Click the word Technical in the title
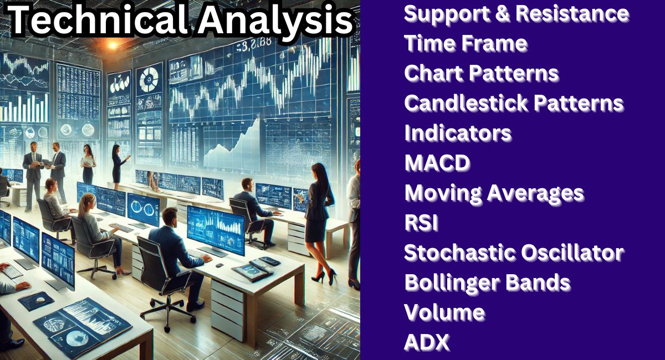click(94, 21)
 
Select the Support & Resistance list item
click(516, 13)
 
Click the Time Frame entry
click(465, 43)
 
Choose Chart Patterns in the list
click(481, 73)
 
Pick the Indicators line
click(458, 133)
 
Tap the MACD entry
click(437, 163)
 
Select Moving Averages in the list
click(494, 193)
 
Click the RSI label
click(421, 223)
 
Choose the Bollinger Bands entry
click(487, 282)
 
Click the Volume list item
click(444, 312)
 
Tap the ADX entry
click(426, 343)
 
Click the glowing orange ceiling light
click(116, 44)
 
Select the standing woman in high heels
click(319, 222)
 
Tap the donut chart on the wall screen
click(149, 81)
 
